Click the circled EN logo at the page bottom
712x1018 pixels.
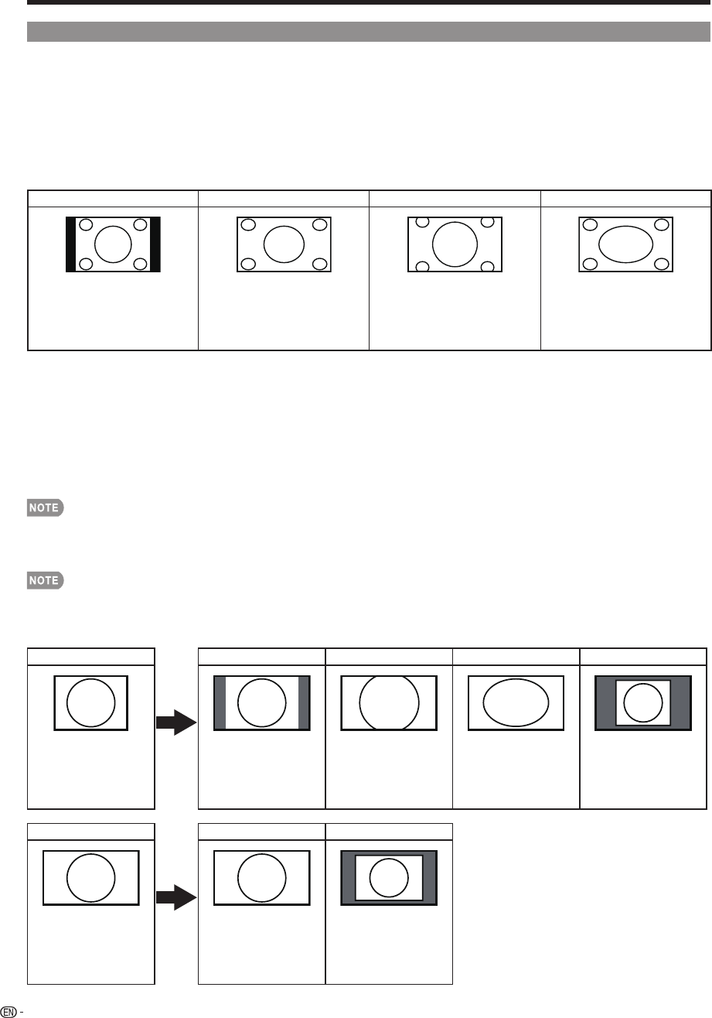tap(9, 1011)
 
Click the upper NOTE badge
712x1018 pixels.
tap(44, 508)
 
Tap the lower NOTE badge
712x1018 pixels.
tap(44, 579)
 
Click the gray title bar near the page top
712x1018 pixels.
tap(369, 31)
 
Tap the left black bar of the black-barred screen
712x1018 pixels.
tap(70, 244)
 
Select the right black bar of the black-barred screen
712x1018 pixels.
tap(155, 244)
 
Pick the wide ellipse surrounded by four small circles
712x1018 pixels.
tap(625, 244)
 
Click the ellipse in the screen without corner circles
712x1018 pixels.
tap(516, 703)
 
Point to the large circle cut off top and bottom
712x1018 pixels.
tap(389, 703)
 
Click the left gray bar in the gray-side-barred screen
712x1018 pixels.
tap(220, 703)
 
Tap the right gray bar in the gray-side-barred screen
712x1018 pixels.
tap(303, 703)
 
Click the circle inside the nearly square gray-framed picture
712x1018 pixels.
tap(642, 703)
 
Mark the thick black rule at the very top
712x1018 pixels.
tap(369, 3)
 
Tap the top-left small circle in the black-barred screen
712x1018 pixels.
tap(87, 225)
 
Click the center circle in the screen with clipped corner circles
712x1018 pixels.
tap(455, 244)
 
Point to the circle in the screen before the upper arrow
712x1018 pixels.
tap(91, 703)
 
